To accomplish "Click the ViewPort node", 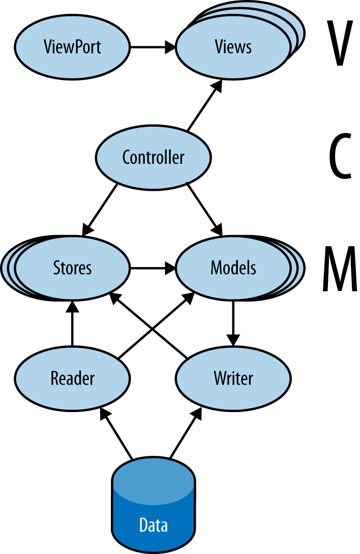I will click(x=73, y=47).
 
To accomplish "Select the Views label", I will click(x=233, y=47).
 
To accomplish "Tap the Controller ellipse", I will click(x=153, y=157).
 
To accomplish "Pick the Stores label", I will click(x=73, y=268).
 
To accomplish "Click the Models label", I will click(x=233, y=268).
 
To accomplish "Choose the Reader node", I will click(x=73, y=378).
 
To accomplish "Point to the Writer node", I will click(x=233, y=378).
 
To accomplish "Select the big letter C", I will click(x=338, y=157).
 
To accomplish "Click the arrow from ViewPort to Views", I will click(x=153, y=48).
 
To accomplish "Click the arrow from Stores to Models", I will click(x=153, y=268).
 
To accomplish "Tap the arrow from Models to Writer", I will click(x=233, y=324).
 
